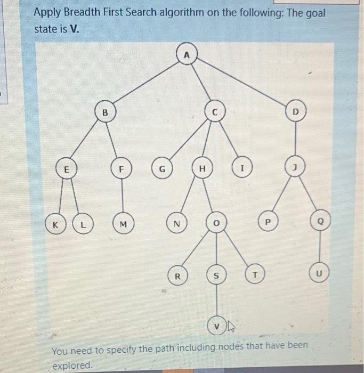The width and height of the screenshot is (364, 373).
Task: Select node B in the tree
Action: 106,113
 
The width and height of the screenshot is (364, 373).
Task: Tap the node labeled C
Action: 214,113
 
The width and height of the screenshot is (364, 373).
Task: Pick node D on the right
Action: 297,113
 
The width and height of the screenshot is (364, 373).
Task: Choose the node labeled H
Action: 201,169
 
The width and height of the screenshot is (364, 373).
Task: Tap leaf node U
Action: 319,274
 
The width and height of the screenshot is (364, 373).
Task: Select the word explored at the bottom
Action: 72,365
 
